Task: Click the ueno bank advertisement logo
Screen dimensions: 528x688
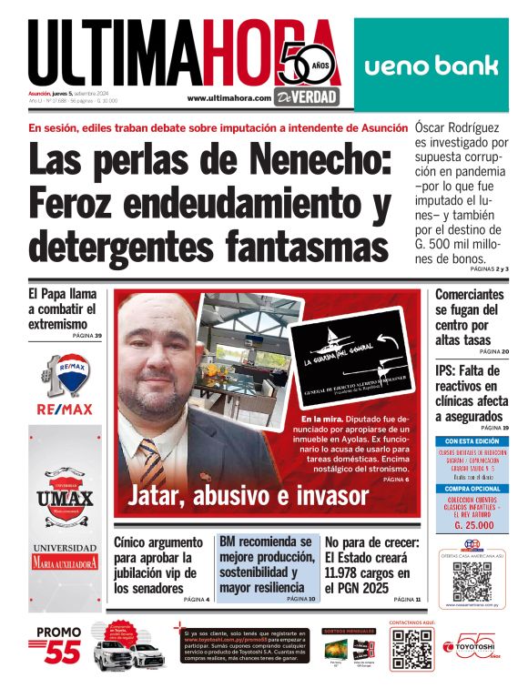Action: tap(432, 66)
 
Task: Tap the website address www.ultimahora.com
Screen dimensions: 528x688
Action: tap(229, 97)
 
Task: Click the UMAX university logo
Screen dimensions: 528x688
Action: tap(65, 498)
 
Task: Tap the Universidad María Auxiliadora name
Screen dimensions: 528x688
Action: tap(65, 556)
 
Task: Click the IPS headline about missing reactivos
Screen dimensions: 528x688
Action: tap(470, 394)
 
